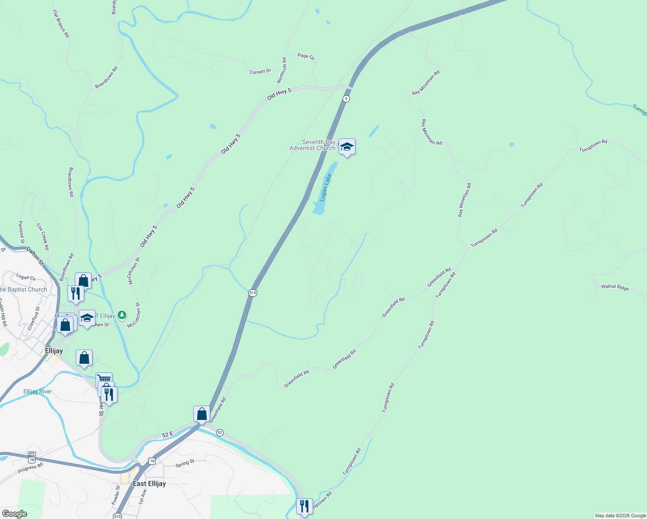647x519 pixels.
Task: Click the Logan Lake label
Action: click(x=325, y=188)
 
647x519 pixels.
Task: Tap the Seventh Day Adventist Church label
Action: click(x=312, y=145)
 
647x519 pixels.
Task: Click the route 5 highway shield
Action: click(x=346, y=99)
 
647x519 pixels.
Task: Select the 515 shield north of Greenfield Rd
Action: click(x=253, y=293)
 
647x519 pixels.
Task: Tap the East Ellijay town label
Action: click(x=149, y=484)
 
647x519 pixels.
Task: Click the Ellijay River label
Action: click(x=38, y=391)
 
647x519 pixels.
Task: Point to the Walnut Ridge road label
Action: click(x=615, y=287)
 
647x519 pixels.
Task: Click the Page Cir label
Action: click(x=306, y=56)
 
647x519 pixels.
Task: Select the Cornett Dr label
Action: click(x=260, y=72)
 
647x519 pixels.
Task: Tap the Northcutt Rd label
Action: click(x=282, y=70)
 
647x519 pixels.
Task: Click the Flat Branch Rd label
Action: click(x=61, y=24)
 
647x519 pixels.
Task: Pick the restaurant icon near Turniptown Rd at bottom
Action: click(x=304, y=506)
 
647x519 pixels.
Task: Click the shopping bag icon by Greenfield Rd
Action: click(x=202, y=414)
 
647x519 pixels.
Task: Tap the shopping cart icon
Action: click(x=104, y=379)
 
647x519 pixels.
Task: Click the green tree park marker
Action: click(x=122, y=315)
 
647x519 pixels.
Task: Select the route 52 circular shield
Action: click(x=220, y=432)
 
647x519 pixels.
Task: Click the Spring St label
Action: click(x=185, y=464)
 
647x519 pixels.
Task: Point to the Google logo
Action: click(x=14, y=514)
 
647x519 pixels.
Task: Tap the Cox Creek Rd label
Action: click(x=43, y=237)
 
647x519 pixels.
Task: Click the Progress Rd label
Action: click(x=30, y=468)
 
